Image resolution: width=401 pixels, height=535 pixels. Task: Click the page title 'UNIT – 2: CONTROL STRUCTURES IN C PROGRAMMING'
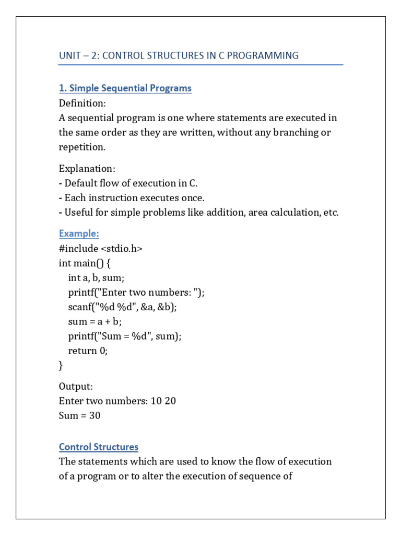coord(179,55)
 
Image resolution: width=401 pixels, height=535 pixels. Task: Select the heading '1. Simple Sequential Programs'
coord(125,88)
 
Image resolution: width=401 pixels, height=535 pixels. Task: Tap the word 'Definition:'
coord(82,103)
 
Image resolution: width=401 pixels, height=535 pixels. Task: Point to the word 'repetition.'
coord(82,147)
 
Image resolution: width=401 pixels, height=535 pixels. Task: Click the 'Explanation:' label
coord(87,169)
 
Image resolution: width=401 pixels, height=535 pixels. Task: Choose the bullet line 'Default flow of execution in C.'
coord(131,183)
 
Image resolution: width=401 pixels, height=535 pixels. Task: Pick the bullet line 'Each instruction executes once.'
coord(134,198)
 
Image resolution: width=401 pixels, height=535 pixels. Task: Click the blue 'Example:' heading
coord(79,234)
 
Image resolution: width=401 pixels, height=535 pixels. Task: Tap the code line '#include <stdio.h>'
coord(101,249)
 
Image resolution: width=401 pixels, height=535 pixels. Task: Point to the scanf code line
coord(122,307)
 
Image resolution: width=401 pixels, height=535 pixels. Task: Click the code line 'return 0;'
coord(88,351)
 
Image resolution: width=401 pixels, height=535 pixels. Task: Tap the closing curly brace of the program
coord(61,366)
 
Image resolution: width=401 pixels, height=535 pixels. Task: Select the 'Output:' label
coord(76,387)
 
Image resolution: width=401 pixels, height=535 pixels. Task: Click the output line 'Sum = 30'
coord(80,416)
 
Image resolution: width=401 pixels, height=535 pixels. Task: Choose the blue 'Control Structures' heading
coord(99,447)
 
